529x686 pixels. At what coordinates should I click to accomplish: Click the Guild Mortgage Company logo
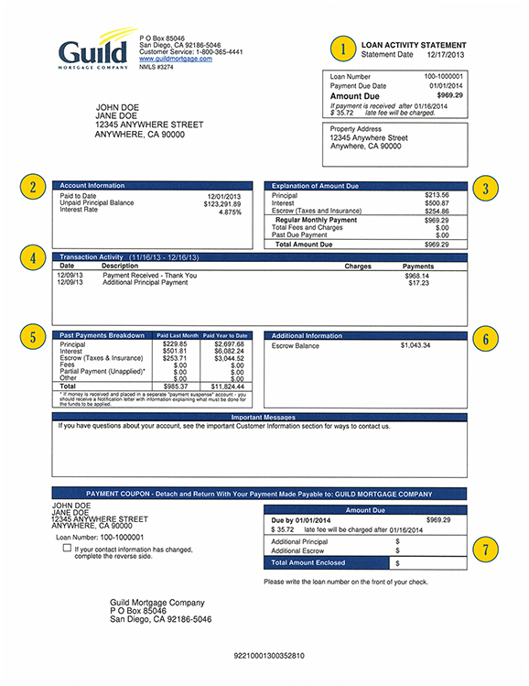coord(92,51)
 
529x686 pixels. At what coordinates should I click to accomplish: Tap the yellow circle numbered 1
coord(343,49)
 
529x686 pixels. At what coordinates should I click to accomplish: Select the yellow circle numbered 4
coord(33,258)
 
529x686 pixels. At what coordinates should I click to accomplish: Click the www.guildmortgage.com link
coord(169,60)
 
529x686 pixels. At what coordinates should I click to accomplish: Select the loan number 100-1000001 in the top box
coord(444,76)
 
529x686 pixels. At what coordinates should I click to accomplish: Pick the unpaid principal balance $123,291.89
coord(222,203)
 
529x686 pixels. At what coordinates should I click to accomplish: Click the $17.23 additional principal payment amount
coord(418,283)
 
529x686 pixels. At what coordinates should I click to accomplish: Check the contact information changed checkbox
coord(67,548)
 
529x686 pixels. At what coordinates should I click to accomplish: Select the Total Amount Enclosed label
coord(309,562)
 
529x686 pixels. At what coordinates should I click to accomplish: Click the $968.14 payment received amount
coord(417,276)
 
